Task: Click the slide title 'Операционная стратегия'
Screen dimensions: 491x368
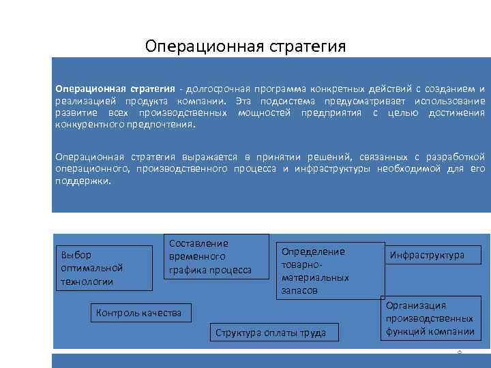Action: (245, 46)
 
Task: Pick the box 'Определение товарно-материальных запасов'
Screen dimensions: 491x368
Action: (329, 271)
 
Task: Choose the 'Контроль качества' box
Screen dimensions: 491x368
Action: (139, 313)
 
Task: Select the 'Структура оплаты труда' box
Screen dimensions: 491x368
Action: (271, 333)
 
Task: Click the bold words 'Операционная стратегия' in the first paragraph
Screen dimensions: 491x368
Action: (115, 89)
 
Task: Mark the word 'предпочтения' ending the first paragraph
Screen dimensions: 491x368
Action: (162, 125)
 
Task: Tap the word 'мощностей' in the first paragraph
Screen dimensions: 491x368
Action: (263, 112)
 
